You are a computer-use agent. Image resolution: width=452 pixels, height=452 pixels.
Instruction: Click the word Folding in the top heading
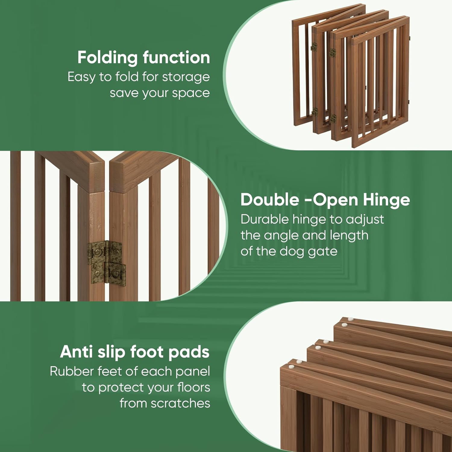[108, 58]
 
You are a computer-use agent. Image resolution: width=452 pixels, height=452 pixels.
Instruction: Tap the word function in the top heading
[176, 57]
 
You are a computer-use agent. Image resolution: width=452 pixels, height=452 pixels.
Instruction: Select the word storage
[186, 77]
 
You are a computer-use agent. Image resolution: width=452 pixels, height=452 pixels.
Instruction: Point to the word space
[191, 93]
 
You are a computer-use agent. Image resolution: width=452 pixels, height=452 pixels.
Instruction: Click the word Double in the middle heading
[270, 200]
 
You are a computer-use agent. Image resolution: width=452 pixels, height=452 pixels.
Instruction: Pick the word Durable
[265, 219]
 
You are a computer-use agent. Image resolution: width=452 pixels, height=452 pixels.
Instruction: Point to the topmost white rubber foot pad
[350, 319]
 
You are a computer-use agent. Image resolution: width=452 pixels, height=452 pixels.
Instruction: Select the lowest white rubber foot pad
[291, 367]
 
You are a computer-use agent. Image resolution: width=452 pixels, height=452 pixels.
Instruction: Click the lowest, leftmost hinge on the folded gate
[315, 112]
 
